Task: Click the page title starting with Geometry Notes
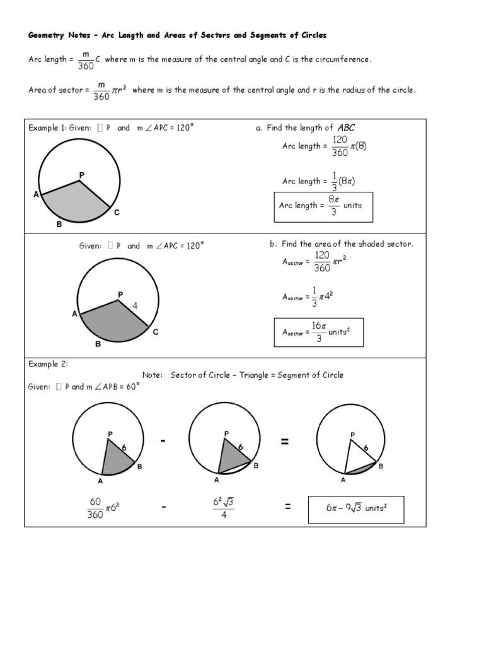click(x=177, y=35)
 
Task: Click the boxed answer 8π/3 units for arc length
click(x=323, y=206)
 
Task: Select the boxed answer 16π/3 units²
click(x=319, y=332)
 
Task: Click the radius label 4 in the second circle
click(x=135, y=306)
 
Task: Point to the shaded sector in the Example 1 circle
click(x=76, y=202)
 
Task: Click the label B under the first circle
click(x=59, y=224)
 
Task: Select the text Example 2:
click(x=48, y=364)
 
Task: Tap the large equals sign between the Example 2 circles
click(x=285, y=442)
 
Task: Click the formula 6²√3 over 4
click(x=224, y=508)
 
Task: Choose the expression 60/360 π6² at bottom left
click(x=103, y=508)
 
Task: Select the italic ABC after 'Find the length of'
click(x=347, y=127)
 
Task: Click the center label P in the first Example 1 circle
click(x=81, y=174)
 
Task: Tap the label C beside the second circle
click(x=155, y=332)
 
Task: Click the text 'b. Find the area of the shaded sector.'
click(x=341, y=244)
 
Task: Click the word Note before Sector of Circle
click(x=153, y=375)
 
